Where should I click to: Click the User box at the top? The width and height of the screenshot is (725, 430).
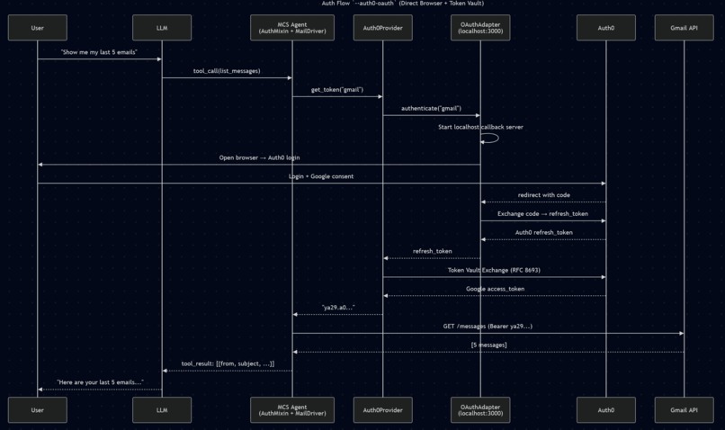[x=37, y=28]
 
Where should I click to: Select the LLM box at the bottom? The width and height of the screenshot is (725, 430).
[x=162, y=409]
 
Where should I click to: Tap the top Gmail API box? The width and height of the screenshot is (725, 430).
[x=684, y=28]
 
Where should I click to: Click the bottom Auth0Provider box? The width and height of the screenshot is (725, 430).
[x=382, y=409]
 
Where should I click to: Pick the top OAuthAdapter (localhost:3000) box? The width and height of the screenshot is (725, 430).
[x=480, y=28]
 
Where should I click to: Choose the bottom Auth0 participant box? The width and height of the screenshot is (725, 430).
[x=605, y=409]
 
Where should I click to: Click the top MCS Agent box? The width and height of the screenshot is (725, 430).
[x=292, y=28]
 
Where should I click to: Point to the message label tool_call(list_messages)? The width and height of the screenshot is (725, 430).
[x=227, y=70]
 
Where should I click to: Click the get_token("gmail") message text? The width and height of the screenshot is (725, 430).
[x=337, y=89]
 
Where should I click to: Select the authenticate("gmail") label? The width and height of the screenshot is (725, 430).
[x=431, y=108]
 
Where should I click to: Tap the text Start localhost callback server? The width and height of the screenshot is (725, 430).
[x=480, y=127]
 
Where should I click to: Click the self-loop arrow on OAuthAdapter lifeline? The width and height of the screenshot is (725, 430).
[x=493, y=139]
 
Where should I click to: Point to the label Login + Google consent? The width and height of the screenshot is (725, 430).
[x=321, y=176]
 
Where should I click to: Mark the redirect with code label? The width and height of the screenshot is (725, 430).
[x=543, y=195]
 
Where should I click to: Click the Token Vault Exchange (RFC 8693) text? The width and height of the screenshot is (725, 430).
[x=494, y=270]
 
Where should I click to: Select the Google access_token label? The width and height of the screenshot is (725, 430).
[x=495, y=289]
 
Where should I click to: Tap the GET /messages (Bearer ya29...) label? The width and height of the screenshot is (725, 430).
[x=488, y=326]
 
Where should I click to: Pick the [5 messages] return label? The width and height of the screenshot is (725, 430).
[x=488, y=345]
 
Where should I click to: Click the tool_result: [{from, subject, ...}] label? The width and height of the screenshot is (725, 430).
[x=228, y=363]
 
